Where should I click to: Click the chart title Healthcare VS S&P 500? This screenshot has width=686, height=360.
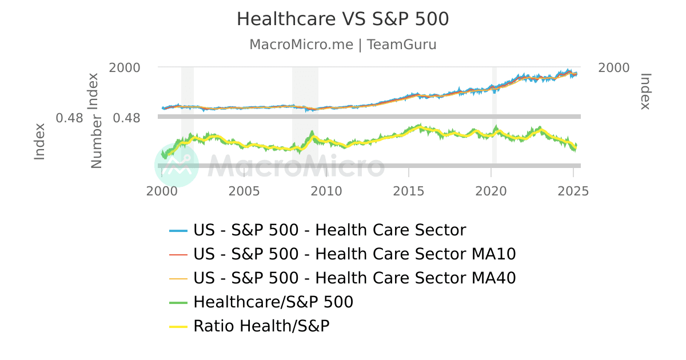coord(342,19)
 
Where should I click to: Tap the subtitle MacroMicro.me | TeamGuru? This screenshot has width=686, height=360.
coord(342,45)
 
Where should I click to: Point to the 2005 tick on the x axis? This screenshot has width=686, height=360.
coord(244,190)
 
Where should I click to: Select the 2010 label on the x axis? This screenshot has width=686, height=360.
coord(326,190)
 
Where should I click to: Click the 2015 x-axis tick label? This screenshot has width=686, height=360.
coord(409,190)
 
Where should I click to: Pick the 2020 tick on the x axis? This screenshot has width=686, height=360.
coord(491,190)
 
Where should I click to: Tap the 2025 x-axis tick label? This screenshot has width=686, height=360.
coord(573,190)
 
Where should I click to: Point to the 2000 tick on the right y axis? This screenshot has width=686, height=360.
coord(613,68)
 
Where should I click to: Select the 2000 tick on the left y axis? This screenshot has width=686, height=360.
coord(125,68)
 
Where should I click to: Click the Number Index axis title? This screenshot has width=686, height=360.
coord(96,121)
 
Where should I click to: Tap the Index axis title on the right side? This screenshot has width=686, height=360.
coord(645,91)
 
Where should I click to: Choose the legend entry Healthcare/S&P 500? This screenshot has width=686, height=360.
coord(273,302)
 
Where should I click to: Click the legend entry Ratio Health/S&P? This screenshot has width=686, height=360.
coord(261,326)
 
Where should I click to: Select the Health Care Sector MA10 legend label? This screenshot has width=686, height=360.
coord(354,254)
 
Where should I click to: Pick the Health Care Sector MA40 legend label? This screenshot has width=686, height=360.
coord(354,278)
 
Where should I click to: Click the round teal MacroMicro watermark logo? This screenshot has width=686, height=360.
coord(177,165)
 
